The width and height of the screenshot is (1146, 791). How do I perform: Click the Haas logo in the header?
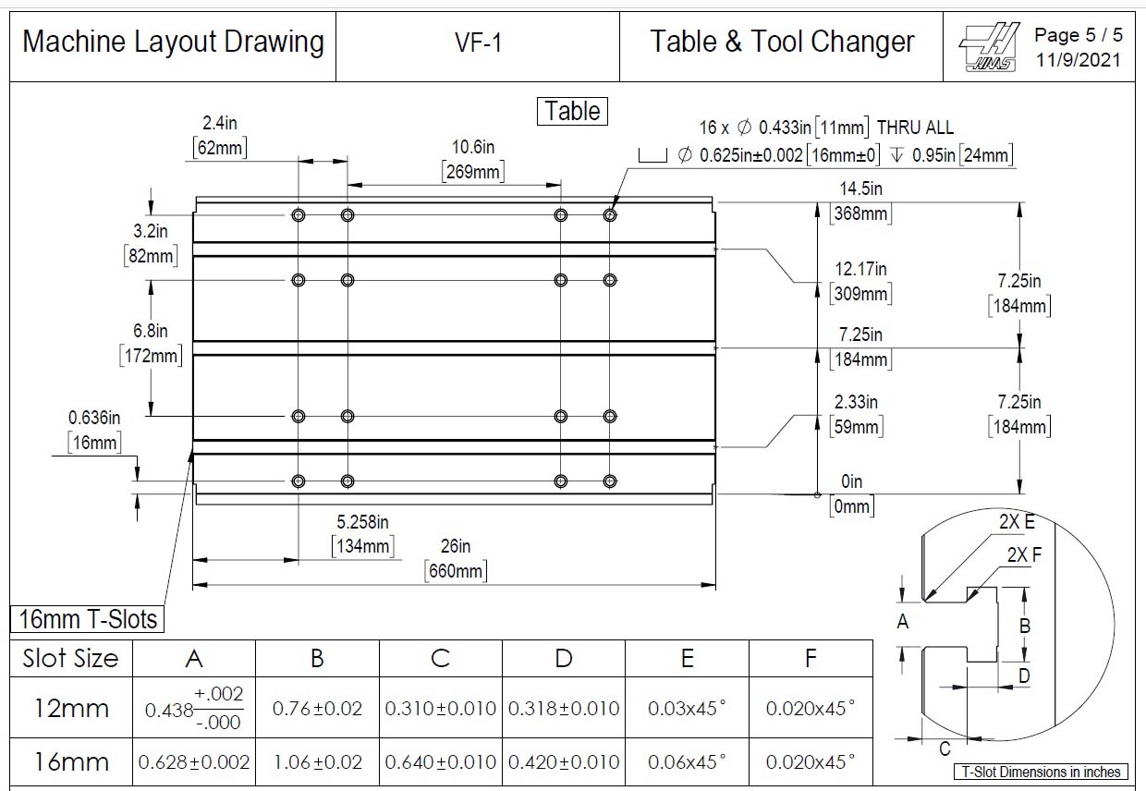click(988, 46)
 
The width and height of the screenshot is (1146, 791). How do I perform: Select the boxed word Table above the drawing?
click(572, 111)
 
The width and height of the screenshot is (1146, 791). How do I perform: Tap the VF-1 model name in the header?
click(478, 43)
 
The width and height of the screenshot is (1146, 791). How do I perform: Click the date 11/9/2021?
click(1079, 60)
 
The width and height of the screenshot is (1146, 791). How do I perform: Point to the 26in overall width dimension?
click(456, 546)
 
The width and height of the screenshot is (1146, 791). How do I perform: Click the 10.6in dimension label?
click(473, 147)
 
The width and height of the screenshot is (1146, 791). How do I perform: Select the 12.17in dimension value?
click(860, 269)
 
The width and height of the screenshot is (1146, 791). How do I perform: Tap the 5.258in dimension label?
click(362, 522)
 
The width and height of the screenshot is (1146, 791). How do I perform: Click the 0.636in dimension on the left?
click(93, 418)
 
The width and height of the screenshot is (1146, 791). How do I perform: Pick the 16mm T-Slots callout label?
click(88, 619)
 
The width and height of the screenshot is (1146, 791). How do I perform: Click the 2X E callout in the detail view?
click(1017, 521)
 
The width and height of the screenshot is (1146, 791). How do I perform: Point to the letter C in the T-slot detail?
click(945, 749)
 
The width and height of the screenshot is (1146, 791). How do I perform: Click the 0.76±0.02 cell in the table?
click(317, 709)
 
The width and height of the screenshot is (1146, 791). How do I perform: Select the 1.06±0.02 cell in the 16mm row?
click(317, 762)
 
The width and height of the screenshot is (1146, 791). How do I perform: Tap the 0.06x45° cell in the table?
click(687, 762)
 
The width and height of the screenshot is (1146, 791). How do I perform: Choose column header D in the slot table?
click(564, 658)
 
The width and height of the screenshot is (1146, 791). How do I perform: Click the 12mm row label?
click(71, 709)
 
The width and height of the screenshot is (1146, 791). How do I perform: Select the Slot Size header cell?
click(71, 658)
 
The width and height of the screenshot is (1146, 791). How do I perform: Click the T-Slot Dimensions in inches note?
click(1041, 772)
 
